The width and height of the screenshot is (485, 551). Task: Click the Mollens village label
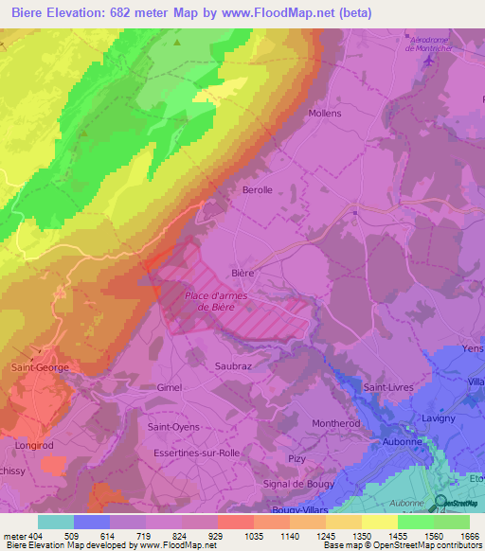pyautogui.click(x=325, y=113)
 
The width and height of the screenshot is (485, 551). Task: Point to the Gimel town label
pyautogui.click(x=169, y=387)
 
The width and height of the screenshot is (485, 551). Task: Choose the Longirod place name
pyautogui.click(x=34, y=443)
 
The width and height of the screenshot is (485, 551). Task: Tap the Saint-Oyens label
pyautogui.click(x=173, y=427)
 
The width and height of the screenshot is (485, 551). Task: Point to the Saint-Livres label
pyautogui.click(x=390, y=386)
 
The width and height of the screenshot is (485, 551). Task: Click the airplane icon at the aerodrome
pyautogui.click(x=432, y=60)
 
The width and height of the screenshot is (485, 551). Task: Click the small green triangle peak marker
pyautogui.click(x=176, y=42)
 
